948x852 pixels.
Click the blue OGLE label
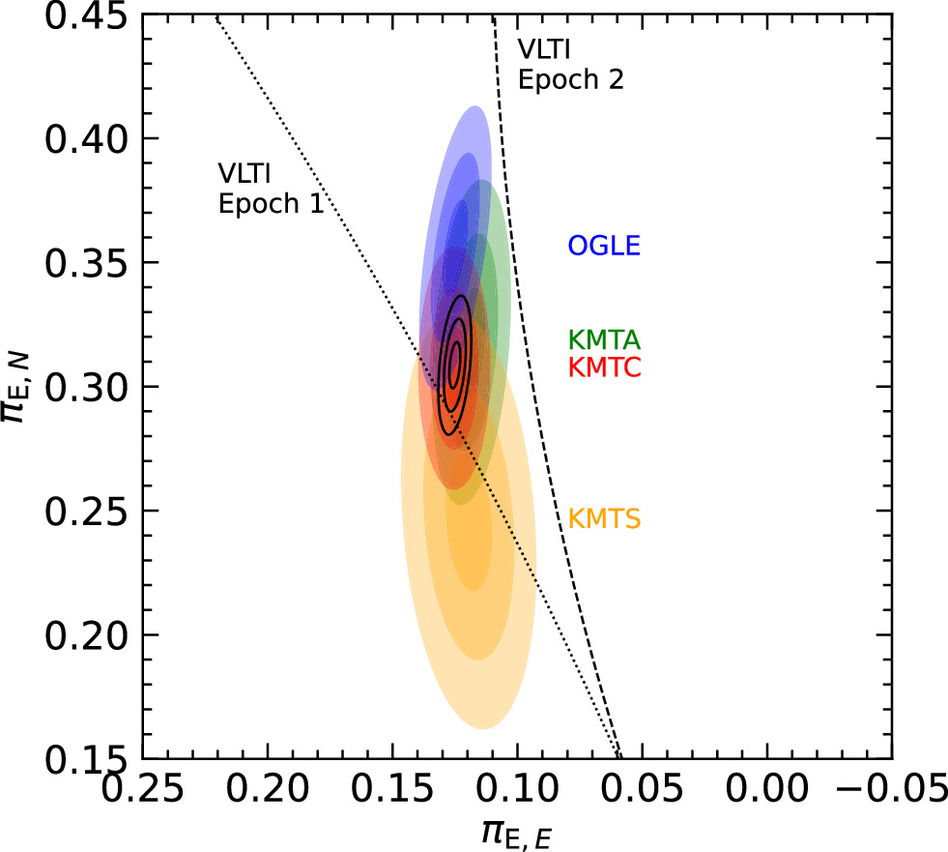point(604,246)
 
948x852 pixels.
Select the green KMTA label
point(604,340)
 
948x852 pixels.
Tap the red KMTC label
point(605,367)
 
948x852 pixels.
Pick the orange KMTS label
point(605,519)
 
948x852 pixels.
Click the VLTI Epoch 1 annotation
point(271,189)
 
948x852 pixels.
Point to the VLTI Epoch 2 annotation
point(571,65)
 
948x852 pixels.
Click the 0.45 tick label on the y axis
point(87,15)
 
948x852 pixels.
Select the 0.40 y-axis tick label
point(87,138)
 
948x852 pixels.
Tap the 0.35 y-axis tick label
point(87,263)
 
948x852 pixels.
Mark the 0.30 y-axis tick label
point(87,387)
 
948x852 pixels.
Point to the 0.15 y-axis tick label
point(87,759)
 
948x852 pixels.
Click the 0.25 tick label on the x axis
point(143,789)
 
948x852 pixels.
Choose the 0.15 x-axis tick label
point(392,789)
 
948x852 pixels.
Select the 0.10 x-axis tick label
point(518,789)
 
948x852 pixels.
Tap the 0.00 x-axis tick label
point(766,789)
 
